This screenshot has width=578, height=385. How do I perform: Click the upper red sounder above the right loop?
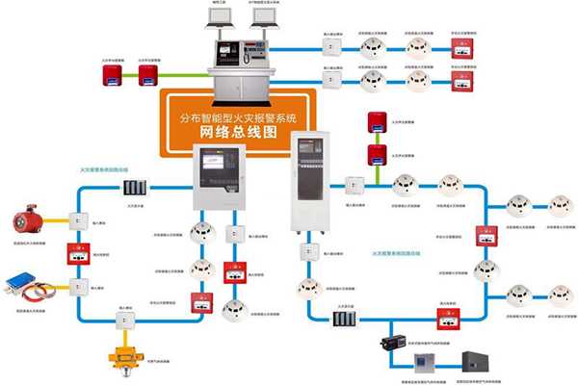[376, 121]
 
